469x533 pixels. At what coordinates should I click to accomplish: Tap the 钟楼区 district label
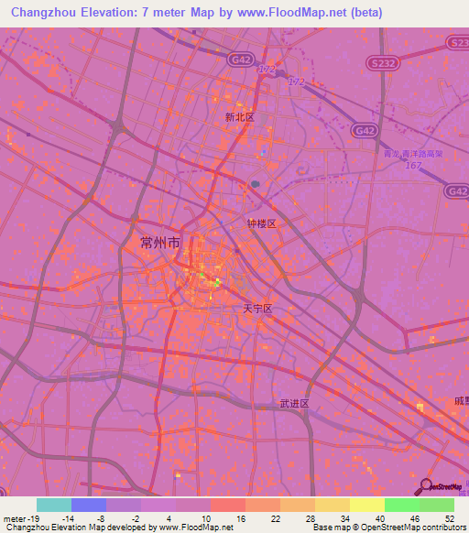pos(261,223)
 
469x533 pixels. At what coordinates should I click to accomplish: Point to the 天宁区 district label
pos(257,310)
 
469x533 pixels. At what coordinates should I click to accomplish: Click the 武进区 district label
pos(294,403)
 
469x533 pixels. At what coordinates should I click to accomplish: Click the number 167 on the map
pos(413,165)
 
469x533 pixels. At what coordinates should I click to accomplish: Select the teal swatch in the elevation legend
pos(54,505)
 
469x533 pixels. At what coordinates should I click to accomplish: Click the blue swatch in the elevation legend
pos(89,505)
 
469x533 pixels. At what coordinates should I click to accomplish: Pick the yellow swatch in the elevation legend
pos(367,505)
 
